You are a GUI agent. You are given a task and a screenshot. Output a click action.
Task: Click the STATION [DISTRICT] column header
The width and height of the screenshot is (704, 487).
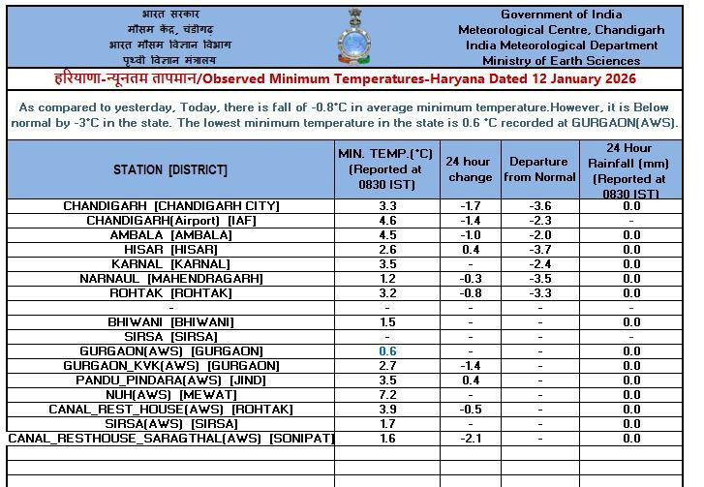(x=170, y=169)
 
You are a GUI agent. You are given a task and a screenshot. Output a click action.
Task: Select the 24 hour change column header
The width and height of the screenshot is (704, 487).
(x=470, y=169)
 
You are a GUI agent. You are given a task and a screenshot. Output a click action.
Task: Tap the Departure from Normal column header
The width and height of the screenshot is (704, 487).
(x=540, y=169)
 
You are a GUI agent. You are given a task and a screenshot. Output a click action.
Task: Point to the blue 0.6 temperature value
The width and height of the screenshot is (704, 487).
(x=387, y=351)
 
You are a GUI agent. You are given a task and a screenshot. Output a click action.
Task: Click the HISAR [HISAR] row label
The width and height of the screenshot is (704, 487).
(x=170, y=250)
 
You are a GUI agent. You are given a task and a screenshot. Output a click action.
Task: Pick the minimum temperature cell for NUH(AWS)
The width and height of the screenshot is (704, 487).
(x=387, y=395)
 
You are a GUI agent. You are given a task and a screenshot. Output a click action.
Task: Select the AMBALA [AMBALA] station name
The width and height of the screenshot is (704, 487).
(x=170, y=235)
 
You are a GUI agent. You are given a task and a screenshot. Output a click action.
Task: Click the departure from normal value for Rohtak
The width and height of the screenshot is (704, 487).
(x=540, y=293)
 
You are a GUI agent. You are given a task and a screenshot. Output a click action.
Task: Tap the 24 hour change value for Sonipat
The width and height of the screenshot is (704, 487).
(x=470, y=439)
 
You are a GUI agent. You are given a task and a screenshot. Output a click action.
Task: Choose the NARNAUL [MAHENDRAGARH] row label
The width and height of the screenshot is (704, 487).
(x=170, y=279)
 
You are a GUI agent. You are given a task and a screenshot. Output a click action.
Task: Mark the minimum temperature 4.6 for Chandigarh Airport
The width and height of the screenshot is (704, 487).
(x=387, y=221)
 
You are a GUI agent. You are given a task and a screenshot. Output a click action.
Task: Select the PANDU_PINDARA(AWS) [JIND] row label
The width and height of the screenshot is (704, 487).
(x=170, y=380)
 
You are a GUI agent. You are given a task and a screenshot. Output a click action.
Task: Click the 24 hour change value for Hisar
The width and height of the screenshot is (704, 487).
(x=470, y=250)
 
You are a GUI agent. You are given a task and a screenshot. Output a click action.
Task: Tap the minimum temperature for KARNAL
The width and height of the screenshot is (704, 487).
(x=387, y=264)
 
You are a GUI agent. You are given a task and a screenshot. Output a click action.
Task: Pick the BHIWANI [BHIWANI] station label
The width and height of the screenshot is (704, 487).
(x=170, y=322)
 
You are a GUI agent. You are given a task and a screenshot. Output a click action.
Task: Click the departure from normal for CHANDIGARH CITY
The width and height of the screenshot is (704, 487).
(x=540, y=206)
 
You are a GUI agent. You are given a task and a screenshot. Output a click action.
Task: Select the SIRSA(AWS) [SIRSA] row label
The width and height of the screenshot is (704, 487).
(x=170, y=424)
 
